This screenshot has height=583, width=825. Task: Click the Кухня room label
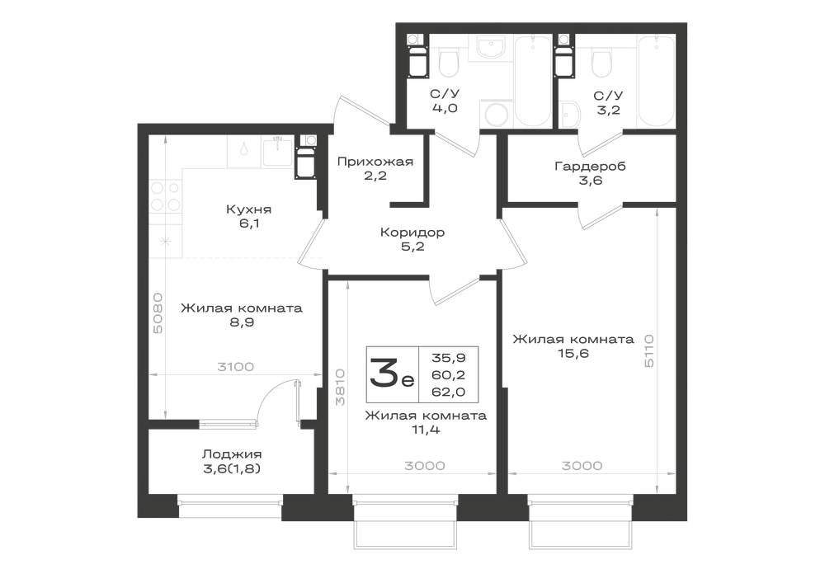(248, 209)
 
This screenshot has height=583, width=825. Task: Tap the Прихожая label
(375, 162)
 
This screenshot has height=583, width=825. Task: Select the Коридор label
(412, 232)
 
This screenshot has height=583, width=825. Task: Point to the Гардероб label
(591, 167)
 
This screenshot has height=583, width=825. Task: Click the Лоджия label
(232, 454)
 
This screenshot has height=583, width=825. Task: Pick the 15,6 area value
(573, 353)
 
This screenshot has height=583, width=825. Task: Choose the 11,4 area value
(426, 430)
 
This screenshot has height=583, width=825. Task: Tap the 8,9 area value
(242, 322)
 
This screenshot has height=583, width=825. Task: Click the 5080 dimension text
(158, 313)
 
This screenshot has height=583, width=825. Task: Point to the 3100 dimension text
(235, 366)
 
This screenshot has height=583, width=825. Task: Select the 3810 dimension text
(341, 387)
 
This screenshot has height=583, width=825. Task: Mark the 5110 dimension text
(648, 350)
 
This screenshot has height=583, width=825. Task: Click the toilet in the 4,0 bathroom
(449, 63)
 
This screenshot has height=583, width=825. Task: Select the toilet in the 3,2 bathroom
(602, 63)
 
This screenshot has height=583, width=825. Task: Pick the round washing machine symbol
(496, 113)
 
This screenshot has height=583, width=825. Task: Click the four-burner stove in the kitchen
(165, 196)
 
